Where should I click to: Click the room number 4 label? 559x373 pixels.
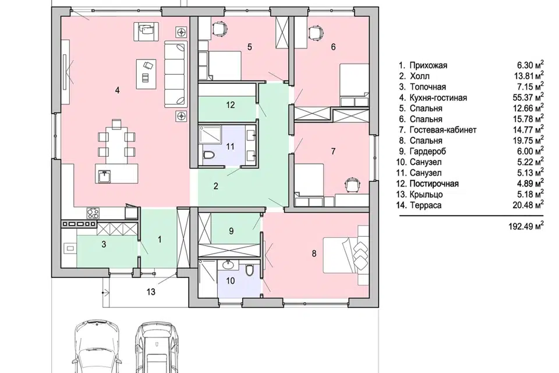click(x=117, y=90)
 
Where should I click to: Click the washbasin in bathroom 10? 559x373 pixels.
click(x=228, y=265)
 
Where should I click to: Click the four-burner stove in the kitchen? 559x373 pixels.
click(x=93, y=213)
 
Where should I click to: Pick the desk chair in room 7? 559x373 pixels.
click(x=352, y=185)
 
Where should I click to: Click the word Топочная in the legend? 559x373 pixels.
click(x=428, y=87)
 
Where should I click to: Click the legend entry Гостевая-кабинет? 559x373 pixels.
click(x=443, y=130)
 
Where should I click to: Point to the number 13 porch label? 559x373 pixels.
click(x=151, y=292)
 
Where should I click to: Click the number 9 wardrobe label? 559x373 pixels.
click(x=231, y=231)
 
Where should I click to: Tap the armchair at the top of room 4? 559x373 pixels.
click(x=146, y=31)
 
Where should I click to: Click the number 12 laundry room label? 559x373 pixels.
click(x=231, y=105)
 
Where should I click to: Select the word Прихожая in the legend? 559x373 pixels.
click(x=429, y=66)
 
